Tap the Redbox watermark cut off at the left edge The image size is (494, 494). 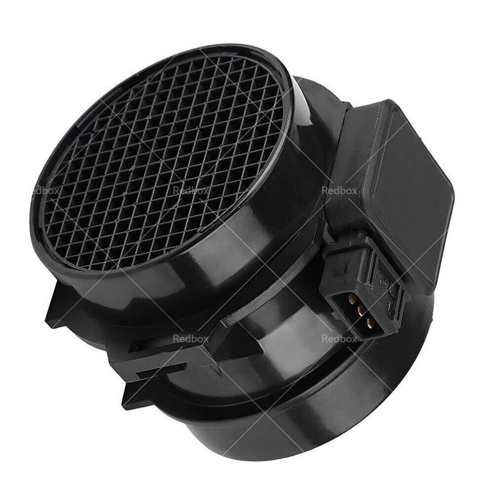[46, 190]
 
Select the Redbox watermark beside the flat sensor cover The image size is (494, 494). [338, 190]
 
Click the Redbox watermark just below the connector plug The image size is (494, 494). [339, 339]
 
